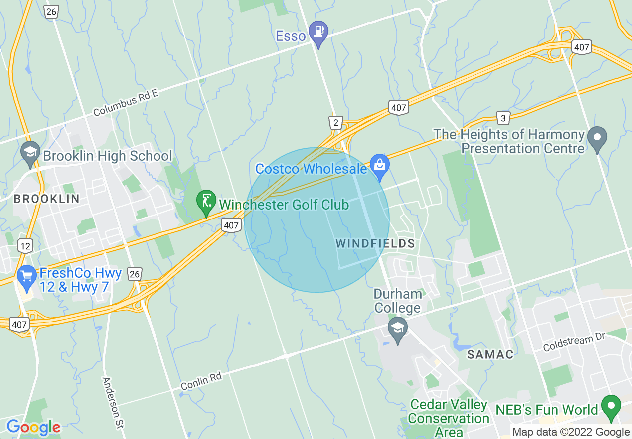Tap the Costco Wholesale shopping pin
pyautogui.click(x=379, y=165)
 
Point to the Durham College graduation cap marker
pyautogui.click(x=398, y=329)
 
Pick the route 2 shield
pyautogui.click(x=336, y=122)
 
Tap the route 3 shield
pyautogui.click(x=503, y=118)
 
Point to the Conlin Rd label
pyautogui.click(x=201, y=382)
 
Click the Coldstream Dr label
pyautogui.click(x=573, y=342)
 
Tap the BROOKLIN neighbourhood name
pyautogui.click(x=46, y=199)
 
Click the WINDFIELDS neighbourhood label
pyautogui.click(x=375, y=243)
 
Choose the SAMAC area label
pyautogui.click(x=490, y=354)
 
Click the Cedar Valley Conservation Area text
pyautogui.click(x=449, y=418)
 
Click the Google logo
pyautogui.click(x=33, y=427)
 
